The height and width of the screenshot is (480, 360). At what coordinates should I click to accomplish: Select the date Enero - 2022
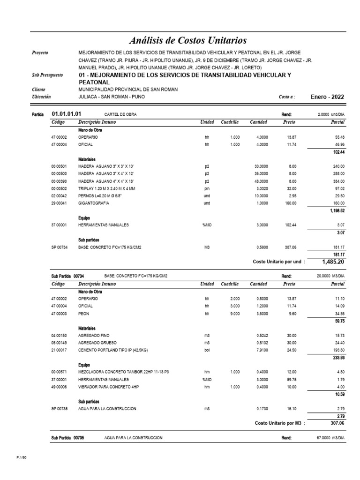[x=327, y=97]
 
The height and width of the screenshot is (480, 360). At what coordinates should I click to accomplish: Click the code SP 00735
[x=60, y=409]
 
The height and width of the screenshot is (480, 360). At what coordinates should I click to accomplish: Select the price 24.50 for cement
[x=290, y=350]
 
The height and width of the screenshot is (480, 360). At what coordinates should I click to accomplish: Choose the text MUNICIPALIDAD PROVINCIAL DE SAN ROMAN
[x=128, y=90]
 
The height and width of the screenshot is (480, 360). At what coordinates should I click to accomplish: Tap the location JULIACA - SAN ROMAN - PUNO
[x=112, y=97]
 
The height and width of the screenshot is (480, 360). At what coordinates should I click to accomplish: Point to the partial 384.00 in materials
[x=338, y=181]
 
